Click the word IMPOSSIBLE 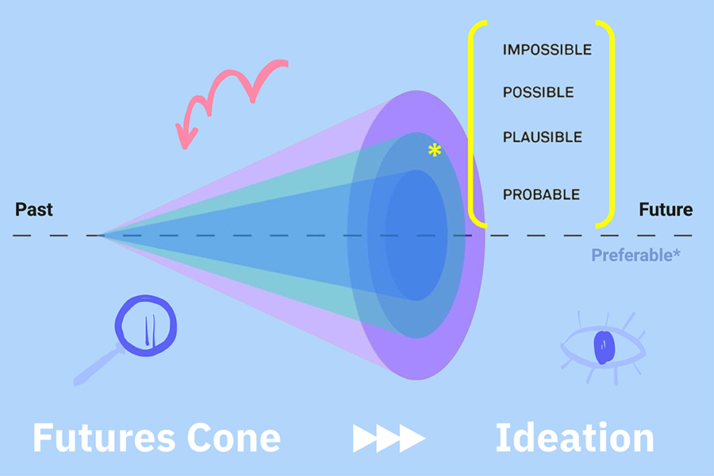[x=547, y=50]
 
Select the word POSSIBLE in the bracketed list [x=538, y=93]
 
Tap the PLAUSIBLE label [x=543, y=137]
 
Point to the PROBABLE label [x=541, y=194]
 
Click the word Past [x=34, y=209]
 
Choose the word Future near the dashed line [x=666, y=209]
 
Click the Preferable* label [x=635, y=255]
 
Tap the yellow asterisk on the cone [x=435, y=150]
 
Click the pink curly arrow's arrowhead [x=186, y=136]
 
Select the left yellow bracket [x=471, y=123]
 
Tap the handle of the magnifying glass [x=98, y=365]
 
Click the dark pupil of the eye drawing [x=604, y=347]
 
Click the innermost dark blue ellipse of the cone [x=416, y=235]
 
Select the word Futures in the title [x=104, y=438]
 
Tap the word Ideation [x=574, y=437]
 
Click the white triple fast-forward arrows [x=390, y=438]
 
